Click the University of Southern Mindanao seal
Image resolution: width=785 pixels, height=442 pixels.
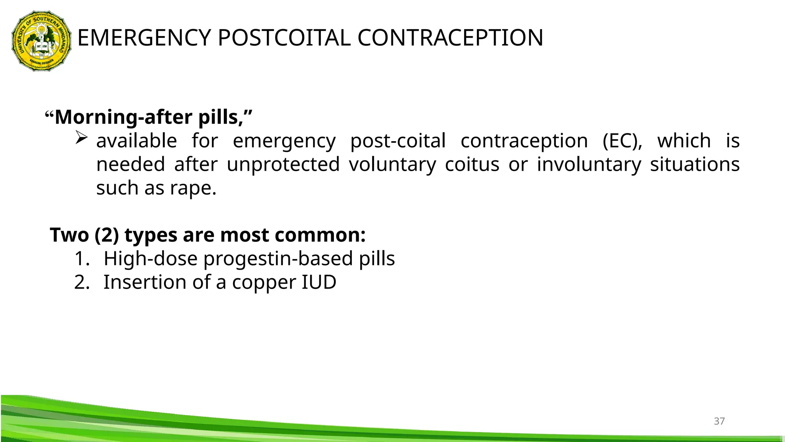[41, 41]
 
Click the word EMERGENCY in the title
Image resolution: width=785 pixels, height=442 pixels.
[144, 38]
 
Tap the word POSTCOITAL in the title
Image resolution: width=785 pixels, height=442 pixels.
[284, 38]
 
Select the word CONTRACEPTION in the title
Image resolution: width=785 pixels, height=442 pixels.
[450, 38]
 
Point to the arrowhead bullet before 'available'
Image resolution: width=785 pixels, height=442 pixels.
[81, 137]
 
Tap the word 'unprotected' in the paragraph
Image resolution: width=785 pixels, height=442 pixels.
[283, 165]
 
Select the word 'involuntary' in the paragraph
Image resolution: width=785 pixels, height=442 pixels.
[588, 165]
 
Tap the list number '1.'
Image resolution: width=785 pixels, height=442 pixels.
[82, 259]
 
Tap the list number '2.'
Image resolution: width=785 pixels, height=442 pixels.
[82, 282]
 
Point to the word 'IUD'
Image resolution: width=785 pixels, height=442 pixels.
[319, 282]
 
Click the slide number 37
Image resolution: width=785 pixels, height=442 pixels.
[719, 421]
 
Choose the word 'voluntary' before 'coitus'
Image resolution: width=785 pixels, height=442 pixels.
[392, 165]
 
